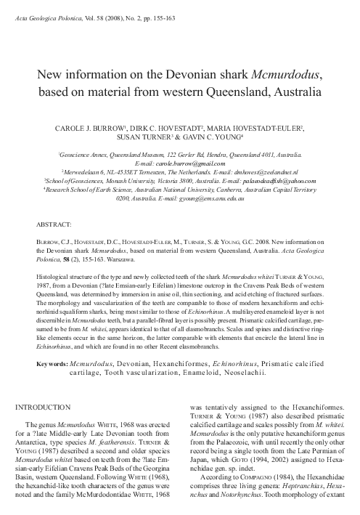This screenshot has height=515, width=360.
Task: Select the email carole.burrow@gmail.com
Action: tap(180, 165)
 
